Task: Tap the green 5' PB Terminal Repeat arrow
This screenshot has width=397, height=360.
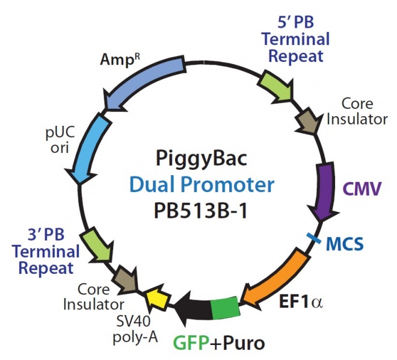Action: pyautogui.click(x=277, y=87)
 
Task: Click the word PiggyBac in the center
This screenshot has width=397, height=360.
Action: pyautogui.click(x=198, y=161)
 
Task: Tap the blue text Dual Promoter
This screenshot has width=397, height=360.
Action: pyautogui.click(x=198, y=186)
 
